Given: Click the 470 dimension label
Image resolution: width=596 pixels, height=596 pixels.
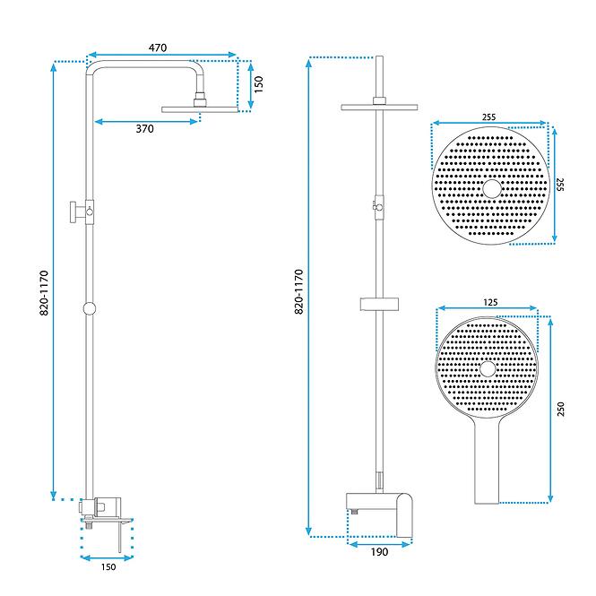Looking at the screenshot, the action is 158,48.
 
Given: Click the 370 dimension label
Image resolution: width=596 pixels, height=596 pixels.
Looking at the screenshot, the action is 145,129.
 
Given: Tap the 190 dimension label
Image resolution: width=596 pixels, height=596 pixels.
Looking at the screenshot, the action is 379,552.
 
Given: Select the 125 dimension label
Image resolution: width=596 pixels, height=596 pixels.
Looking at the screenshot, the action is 490,303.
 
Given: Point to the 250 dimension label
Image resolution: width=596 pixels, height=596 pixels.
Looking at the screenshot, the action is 561,409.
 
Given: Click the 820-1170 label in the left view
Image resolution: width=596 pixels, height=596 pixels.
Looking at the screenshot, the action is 44,293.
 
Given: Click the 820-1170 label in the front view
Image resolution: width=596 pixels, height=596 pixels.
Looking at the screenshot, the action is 299,291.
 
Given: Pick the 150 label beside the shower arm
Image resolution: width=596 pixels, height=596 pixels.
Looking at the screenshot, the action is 258,84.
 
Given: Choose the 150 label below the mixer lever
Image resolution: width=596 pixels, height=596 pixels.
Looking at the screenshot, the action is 108,567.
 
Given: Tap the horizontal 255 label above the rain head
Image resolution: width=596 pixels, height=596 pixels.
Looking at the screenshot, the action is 489,117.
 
